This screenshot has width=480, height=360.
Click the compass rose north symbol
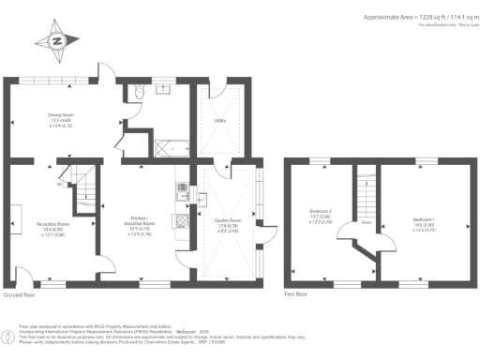point(56,40)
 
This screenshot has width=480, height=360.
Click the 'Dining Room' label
point(61,119)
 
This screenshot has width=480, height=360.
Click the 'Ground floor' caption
point(20,294)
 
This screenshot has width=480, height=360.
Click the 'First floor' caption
point(295,294)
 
